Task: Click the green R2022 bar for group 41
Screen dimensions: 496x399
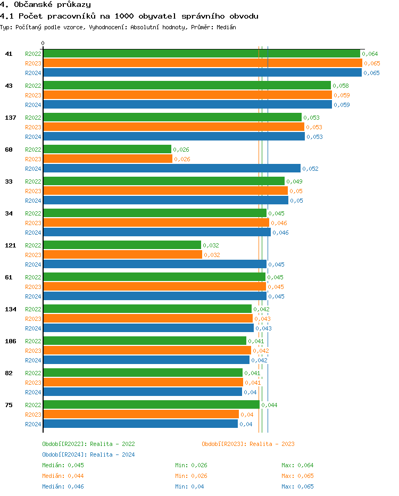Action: [x=202, y=54]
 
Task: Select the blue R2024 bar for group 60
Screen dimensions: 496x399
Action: [x=172, y=169]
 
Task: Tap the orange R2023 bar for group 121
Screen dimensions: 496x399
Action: [x=122, y=255]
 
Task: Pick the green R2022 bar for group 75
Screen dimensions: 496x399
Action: [x=151, y=405]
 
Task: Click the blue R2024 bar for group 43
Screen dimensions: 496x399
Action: [x=187, y=105]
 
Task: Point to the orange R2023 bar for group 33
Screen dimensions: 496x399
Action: [x=165, y=191]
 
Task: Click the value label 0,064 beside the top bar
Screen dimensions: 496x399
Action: [x=370, y=54]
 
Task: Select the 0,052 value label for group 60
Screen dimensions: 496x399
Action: [x=310, y=169]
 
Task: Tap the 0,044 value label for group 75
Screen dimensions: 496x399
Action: [x=269, y=405]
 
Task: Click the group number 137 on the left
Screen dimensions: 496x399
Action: [x=10, y=118]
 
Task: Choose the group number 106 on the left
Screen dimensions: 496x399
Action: [x=10, y=341]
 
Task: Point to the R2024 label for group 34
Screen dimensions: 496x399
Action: [x=33, y=233]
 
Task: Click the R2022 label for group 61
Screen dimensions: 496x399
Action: [x=33, y=277]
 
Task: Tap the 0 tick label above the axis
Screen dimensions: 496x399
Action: [x=43, y=43]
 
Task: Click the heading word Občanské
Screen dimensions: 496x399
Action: [x=35, y=5]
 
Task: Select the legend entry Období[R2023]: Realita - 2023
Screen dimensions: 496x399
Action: [x=248, y=444]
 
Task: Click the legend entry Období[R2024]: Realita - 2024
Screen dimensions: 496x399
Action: [x=88, y=454]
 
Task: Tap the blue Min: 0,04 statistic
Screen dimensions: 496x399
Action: [x=189, y=486]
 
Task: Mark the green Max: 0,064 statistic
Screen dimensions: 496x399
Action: [x=297, y=465]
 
